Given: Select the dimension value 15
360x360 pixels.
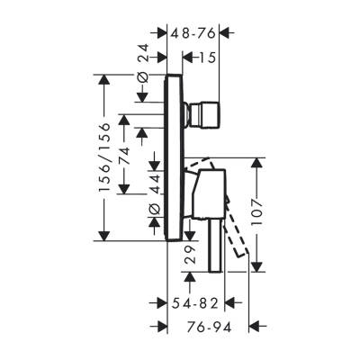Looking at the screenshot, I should pyautogui.click(x=206, y=57).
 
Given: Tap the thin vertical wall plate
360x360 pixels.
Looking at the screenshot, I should pyautogui.click(x=170, y=157).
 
